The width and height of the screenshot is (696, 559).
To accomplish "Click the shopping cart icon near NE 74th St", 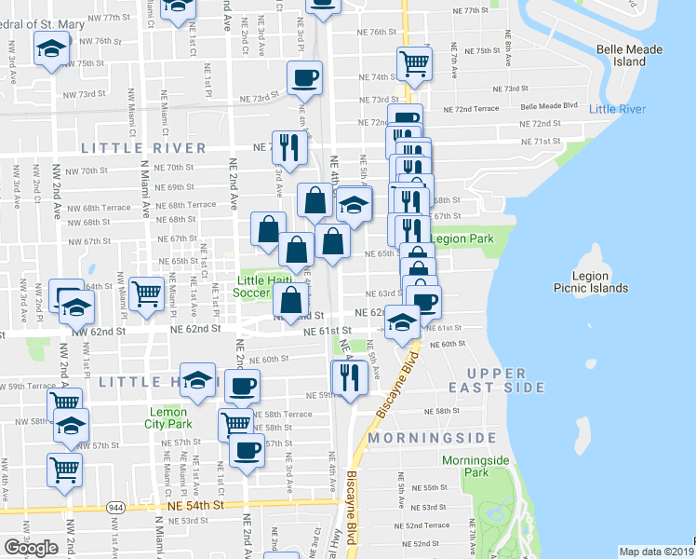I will point(414,63).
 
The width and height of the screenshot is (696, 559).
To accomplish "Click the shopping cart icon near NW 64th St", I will point(147,293).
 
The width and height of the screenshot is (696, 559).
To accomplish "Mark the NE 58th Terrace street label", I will point(284,414).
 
